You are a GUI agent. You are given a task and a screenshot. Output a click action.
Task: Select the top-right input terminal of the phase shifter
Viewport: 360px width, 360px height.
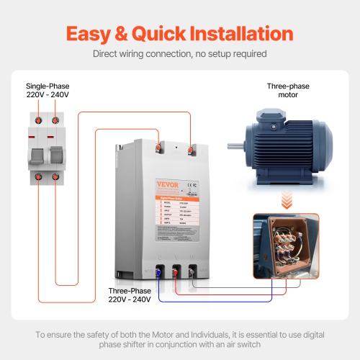190,150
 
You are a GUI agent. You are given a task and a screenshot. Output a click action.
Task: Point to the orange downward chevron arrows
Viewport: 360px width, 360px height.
288,197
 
